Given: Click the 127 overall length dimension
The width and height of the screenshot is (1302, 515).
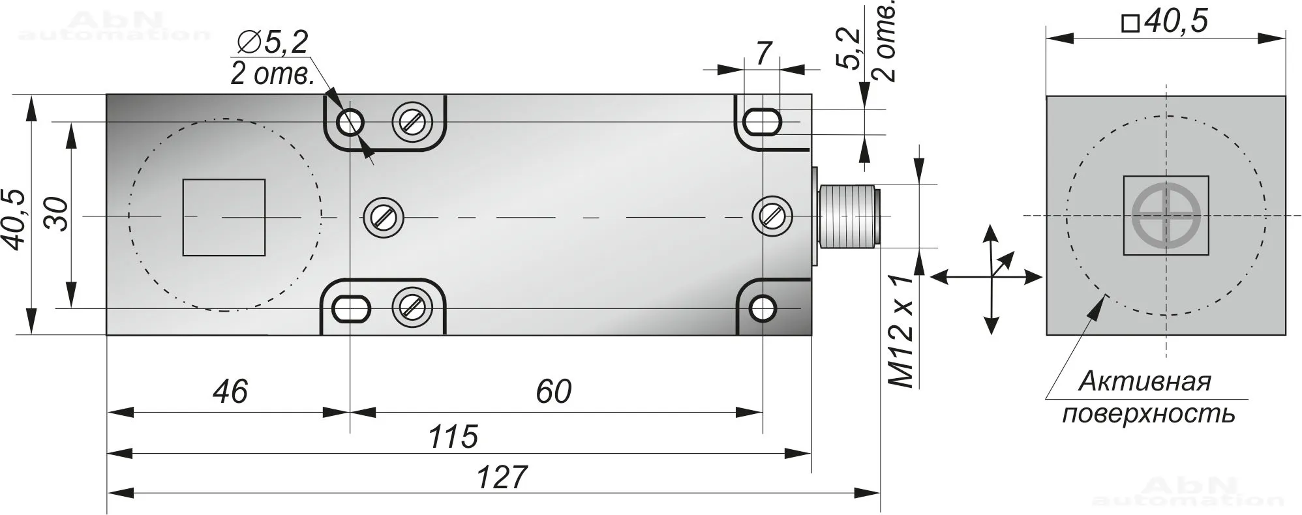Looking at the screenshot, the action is pyautogui.click(x=501, y=477).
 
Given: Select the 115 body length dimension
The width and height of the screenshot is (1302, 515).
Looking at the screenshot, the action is pyautogui.click(x=453, y=437).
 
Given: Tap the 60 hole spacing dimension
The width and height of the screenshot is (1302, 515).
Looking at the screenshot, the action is pyautogui.click(x=553, y=391).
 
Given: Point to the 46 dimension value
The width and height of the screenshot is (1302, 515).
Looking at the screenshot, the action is pyautogui.click(x=230, y=391).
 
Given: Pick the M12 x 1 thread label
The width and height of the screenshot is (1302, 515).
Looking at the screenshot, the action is pyautogui.click(x=902, y=331).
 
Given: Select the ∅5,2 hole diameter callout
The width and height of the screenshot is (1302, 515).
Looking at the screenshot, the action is pyautogui.click(x=273, y=42).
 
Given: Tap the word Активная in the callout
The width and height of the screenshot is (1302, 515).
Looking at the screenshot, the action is pyautogui.click(x=1145, y=381).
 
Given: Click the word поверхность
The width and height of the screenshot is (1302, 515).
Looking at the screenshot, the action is pyautogui.click(x=1149, y=414).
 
